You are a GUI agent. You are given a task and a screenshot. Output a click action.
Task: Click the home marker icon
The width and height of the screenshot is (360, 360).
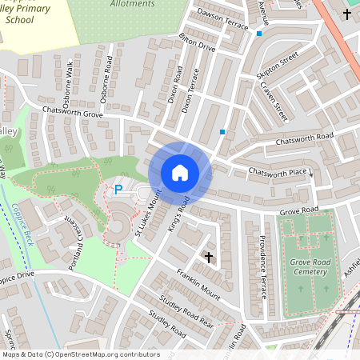[180, 173]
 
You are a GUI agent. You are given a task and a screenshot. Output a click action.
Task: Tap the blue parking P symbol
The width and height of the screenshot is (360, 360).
[118, 190]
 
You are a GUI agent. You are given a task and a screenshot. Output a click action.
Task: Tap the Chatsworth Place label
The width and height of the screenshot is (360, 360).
[278, 172]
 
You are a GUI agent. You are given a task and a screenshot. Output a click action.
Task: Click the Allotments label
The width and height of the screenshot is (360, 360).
[130, 4]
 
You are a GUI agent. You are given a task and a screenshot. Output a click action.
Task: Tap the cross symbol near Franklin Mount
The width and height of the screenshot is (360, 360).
[210, 257]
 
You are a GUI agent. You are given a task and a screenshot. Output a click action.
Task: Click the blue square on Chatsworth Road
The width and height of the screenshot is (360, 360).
[222, 131]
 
